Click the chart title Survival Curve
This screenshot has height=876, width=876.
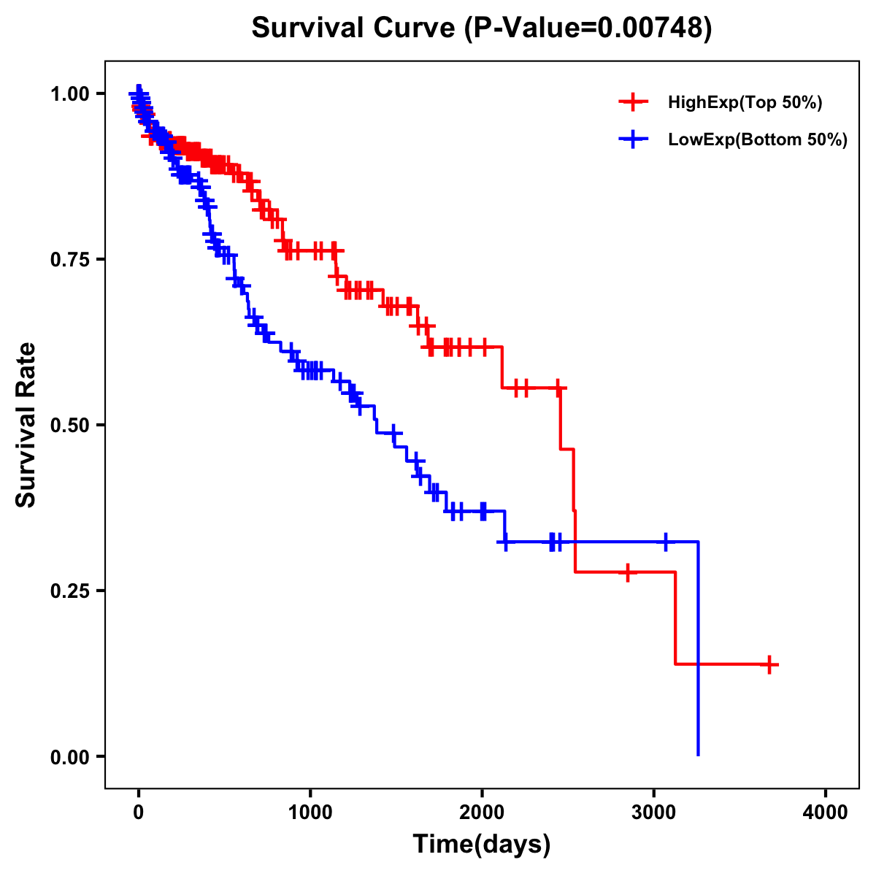pos(355,28)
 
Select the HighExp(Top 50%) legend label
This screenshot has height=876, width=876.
pos(745,103)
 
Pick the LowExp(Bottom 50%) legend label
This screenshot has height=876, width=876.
pos(758,140)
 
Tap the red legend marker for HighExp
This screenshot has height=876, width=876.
pos(633,103)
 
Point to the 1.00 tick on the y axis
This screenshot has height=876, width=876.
pos(69,94)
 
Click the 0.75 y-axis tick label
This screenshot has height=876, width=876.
pos(69,260)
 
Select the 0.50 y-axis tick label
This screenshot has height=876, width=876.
pos(69,426)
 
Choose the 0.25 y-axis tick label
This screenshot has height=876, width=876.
pos(69,591)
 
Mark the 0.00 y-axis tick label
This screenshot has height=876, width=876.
pos(69,757)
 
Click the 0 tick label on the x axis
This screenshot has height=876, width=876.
pos(139,812)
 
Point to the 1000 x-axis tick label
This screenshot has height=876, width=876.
pos(310,812)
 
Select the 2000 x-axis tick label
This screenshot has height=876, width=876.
pos(482,812)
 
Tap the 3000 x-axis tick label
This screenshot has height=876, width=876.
pos(654,812)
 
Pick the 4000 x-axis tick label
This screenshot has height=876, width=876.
pos(826,812)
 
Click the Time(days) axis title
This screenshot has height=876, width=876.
pos(482,845)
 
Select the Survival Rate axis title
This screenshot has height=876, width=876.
pos(26,425)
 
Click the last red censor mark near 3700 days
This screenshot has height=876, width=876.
pos(769,664)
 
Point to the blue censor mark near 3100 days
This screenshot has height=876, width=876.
pos(666,542)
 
